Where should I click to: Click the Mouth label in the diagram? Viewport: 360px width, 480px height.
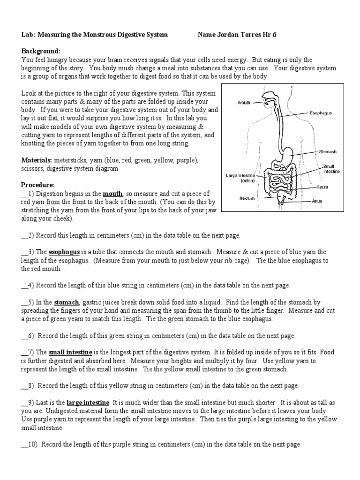tap(244, 102)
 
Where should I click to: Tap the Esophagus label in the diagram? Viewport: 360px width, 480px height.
tap(321, 113)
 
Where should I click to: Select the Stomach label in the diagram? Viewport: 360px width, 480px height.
tap(328, 152)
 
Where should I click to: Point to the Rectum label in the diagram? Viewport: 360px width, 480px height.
tap(247, 198)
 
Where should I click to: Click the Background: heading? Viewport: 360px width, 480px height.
tap(40, 51)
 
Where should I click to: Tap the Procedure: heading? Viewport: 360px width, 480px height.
tap(37, 185)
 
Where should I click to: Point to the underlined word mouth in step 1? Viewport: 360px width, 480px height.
tap(112, 194)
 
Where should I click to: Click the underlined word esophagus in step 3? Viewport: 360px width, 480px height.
tap(64, 252)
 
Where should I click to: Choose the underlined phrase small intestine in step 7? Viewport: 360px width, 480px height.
tap(71, 352)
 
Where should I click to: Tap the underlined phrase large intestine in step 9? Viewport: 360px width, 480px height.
tap(88, 403)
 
